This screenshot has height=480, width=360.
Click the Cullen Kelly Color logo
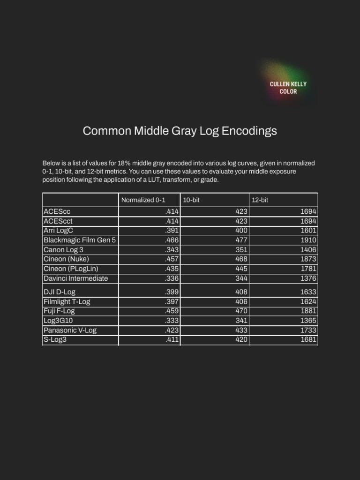(288, 87)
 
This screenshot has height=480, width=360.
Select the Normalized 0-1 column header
(143, 200)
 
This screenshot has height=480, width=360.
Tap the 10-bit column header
(191, 200)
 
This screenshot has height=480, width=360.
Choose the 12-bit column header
(260, 200)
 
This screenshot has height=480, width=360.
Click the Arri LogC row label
(58, 231)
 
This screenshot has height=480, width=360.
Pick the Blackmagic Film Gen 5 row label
(79, 240)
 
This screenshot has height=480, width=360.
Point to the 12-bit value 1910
(308, 240)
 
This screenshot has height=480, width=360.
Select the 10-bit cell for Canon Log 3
(241, 250)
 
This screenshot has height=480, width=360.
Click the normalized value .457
(172, 259)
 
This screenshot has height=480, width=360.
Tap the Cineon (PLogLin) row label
(71, 269)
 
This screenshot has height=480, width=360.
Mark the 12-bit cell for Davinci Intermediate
(308, 278)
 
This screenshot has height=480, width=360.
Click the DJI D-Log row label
(60, 292)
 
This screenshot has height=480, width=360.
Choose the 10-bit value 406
(241, 301)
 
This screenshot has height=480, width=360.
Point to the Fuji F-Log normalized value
(172, 311)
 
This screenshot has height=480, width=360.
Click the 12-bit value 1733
(308, 330)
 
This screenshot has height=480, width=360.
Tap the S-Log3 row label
(55, 339)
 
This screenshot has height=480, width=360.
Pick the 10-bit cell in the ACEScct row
(241, 221)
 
